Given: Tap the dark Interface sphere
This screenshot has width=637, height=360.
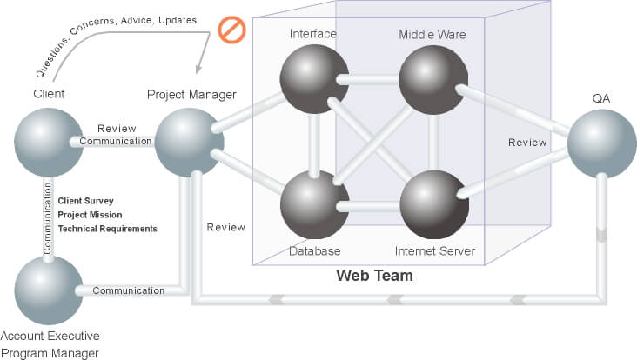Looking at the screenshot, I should click(312, 81).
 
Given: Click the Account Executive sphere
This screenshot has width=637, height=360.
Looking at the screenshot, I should click(48, 290).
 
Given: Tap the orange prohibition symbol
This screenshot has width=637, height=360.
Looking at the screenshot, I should click(232, 31).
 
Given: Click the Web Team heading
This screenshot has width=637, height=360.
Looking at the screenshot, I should click(374, 276).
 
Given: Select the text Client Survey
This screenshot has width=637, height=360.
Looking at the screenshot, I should click(85, 201).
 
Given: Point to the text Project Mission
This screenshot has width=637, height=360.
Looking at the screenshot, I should click(90, 215).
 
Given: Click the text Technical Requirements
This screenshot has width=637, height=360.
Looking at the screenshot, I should click(107, 229).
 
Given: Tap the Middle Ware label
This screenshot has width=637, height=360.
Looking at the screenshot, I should click(432, 35).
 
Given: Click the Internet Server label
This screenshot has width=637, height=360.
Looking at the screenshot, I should click(434, 251).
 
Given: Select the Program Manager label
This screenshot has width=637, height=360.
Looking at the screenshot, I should click(50, 352).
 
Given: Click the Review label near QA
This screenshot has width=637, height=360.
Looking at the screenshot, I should click(527, 143).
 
